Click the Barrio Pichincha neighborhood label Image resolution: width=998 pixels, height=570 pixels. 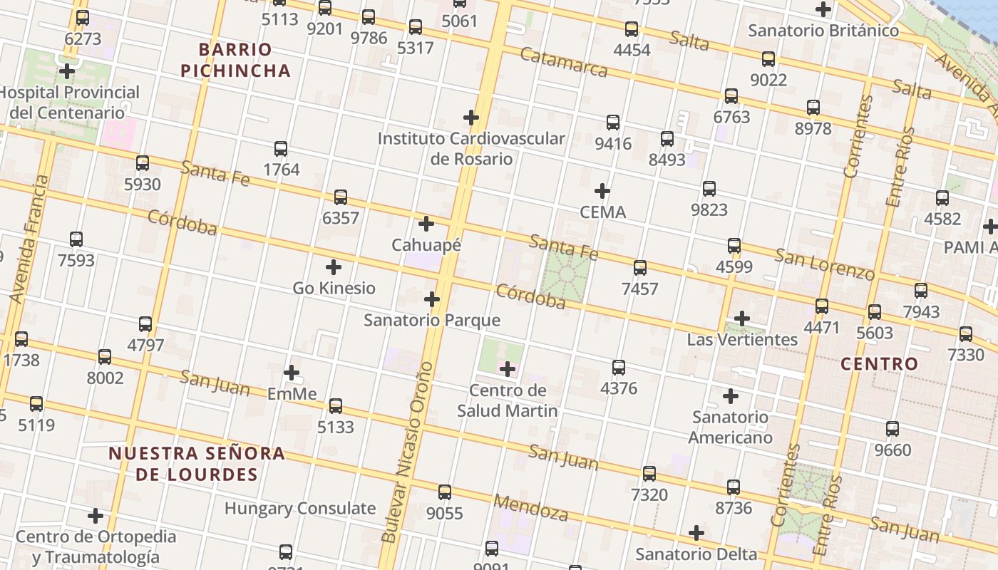tap(235, 60)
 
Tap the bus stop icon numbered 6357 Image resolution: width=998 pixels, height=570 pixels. tap(341, 197)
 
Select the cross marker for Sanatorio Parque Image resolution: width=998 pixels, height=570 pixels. tap(432, 299)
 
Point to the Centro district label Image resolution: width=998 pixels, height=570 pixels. tap(879, 364)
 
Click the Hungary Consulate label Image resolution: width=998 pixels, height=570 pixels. tap(300, 509)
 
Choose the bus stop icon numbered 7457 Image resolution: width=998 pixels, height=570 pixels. tap(640, 268)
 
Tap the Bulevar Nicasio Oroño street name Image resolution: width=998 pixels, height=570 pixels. tap(407, 452)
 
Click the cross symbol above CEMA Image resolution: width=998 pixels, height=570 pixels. tap(602, 191)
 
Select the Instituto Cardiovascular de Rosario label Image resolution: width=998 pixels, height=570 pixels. tap(471, 148)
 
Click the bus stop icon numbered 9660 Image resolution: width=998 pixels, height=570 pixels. tap(892, 429)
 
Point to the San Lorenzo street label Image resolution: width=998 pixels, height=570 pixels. tap(825, 264)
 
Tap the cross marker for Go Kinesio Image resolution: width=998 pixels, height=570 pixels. tap(334, 267)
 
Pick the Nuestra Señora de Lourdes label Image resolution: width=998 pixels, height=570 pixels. tap(197, 464)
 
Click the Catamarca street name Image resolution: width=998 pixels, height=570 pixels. tap(563, 62)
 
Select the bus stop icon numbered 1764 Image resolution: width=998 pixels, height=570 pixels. tap(281, 149)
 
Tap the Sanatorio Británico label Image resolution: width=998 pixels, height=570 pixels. tap(823, 31)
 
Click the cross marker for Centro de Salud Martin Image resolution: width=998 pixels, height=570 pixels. tap(508, 369)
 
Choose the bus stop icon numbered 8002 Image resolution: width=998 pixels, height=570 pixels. tap(105, 357)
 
